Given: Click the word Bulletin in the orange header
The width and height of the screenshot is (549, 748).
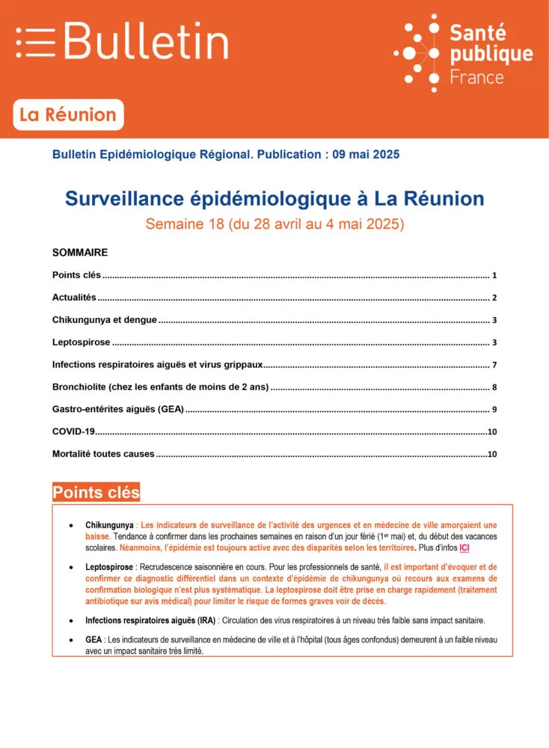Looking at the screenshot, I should coord(146,41).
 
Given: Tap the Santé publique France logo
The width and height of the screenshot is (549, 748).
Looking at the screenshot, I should coord(464,52).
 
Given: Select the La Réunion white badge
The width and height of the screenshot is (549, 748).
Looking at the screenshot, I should coord(68,115).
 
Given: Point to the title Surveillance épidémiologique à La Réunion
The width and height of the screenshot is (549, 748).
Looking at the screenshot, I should coord(274,198).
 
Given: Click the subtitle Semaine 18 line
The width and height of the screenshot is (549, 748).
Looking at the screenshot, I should coord(274,224).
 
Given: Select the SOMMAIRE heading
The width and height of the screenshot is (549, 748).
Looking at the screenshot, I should coord(80,253).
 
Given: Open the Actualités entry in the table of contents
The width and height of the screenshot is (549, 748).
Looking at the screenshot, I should coord(74,298).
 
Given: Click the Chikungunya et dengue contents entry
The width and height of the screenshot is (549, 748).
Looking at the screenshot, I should coord(105,320).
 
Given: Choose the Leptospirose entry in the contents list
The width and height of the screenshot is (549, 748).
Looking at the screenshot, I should coord(82,343).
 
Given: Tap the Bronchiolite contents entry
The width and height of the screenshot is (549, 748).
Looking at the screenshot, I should coord(160,387).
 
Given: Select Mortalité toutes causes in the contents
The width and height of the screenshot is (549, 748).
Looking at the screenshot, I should coord(103,454).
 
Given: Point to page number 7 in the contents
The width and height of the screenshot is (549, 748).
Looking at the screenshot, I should coord(494,365).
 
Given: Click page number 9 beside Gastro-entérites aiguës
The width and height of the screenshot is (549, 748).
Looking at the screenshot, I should coord(494,410).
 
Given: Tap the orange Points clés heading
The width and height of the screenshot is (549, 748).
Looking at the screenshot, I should coord(96,492).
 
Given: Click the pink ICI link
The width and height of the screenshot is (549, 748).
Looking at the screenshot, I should coord(464,548).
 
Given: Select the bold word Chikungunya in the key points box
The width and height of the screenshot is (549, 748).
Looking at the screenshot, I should coord(109,525).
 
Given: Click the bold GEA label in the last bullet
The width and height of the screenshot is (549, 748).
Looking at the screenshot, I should coord(93,640).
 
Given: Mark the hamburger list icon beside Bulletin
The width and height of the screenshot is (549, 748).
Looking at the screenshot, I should coord(36,42).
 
